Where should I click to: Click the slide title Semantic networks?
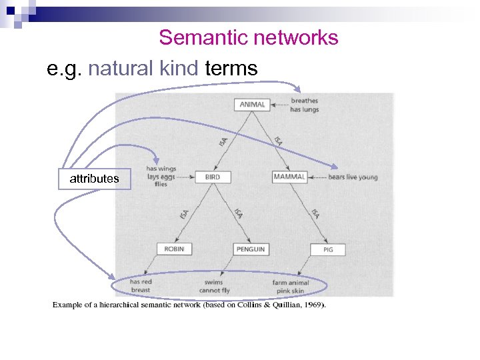tap(249, 38)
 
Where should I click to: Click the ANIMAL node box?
tap(252, 104)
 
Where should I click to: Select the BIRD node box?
tap(212, 177)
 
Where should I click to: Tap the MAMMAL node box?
tap(289, 177)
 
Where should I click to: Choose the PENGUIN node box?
tap(250, 249)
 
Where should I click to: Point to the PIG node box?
tap(328, 249)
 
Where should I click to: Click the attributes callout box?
tap(94, 179)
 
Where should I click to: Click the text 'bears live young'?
tap(353, 177)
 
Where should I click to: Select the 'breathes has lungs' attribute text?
tap(305, 105)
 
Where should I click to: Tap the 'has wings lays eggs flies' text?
tap(161, 176)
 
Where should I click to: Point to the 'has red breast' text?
tap(141, 286)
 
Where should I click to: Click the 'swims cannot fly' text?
tap(214, 287)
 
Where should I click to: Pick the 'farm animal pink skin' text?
tap(289, 287)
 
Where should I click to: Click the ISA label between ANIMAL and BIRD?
tap(223, 141)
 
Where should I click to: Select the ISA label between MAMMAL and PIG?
tap(315, 214)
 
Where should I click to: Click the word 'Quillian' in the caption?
tap(283, 305)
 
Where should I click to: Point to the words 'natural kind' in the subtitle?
tap(143, 68)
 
